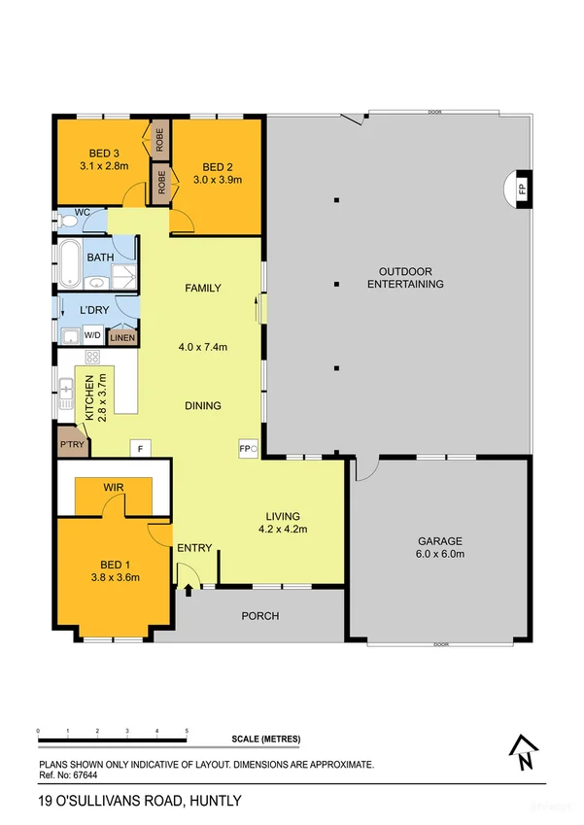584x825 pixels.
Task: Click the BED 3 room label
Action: coord(104,154)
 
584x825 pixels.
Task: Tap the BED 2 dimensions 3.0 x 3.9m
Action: coord(218,180)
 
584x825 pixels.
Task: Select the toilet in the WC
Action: coord(66,222)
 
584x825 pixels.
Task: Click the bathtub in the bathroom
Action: coord(69,263)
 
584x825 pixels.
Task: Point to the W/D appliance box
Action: coord(92,335)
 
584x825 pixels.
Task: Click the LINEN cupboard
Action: coord(122,338)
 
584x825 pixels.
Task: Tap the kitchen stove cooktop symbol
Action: coord(92,358)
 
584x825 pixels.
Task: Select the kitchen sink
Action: coord(66,393)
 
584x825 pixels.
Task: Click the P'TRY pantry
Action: coord(73,442)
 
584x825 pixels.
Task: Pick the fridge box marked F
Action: coord(141,449)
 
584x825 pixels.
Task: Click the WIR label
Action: coord(114,487)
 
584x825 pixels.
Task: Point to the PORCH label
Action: coord(259,616)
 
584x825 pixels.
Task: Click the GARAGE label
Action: coord(440,541)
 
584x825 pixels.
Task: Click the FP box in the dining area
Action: coord(249,449)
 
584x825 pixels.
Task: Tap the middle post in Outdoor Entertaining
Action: coord(337,284)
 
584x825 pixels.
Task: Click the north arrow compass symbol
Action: coord(524,752)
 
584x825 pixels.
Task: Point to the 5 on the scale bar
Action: coord(187,731)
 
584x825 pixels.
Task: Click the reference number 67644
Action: coord(86,775)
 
